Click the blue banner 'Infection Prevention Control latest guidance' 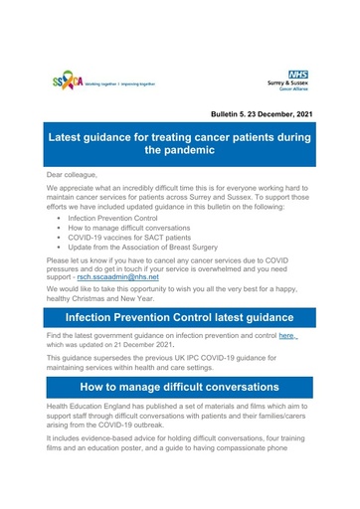[x=180, y=344]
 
